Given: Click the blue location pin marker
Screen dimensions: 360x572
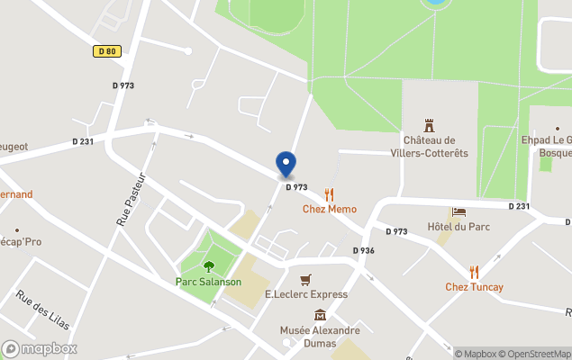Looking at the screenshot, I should click(x=286, y=165).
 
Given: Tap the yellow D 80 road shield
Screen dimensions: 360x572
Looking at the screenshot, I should click(x=107, y=52).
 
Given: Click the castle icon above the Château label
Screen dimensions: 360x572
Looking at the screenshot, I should click(x=429, y=126).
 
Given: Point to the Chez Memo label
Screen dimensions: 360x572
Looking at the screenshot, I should click(x=329, y=209).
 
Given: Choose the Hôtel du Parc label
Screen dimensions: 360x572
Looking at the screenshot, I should click(x=459, y=227).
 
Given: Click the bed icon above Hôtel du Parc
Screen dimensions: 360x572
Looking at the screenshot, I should click(x=459, y=212).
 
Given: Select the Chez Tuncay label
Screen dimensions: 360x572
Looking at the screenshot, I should click(x=474, y=287).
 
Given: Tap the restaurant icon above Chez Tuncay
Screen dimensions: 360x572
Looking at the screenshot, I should click(x=474, y=272).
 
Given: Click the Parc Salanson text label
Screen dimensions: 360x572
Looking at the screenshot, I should click(x=208, y=282).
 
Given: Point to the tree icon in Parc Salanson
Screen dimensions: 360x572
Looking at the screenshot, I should click(x=209, y=266).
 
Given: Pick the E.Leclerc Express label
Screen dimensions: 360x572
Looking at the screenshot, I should click(x=306, y=294).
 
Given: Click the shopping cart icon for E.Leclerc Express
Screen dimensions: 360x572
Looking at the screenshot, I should click(x=306, y=280).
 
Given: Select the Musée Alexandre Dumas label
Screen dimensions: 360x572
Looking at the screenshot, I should click(x=320, y=336).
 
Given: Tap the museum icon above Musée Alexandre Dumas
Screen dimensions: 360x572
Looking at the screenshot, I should click(x=320, y=315).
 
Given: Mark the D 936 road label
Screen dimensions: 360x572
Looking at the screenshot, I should click(x=363, y=250).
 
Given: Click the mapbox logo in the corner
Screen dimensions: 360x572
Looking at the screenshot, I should click(x=40, y=348).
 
